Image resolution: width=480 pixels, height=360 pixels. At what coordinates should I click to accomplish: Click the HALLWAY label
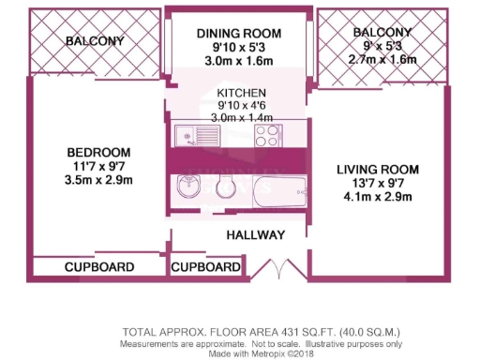tap(255, 233)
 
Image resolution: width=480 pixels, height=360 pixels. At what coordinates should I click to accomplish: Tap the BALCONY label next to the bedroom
tap(96, 41)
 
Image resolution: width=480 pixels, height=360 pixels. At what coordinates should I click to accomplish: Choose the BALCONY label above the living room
tap(382, 33)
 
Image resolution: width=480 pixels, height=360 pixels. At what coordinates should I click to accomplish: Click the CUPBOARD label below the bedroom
tap(98, 267)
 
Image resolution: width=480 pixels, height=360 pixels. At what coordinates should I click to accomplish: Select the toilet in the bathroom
tap(225, 187)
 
